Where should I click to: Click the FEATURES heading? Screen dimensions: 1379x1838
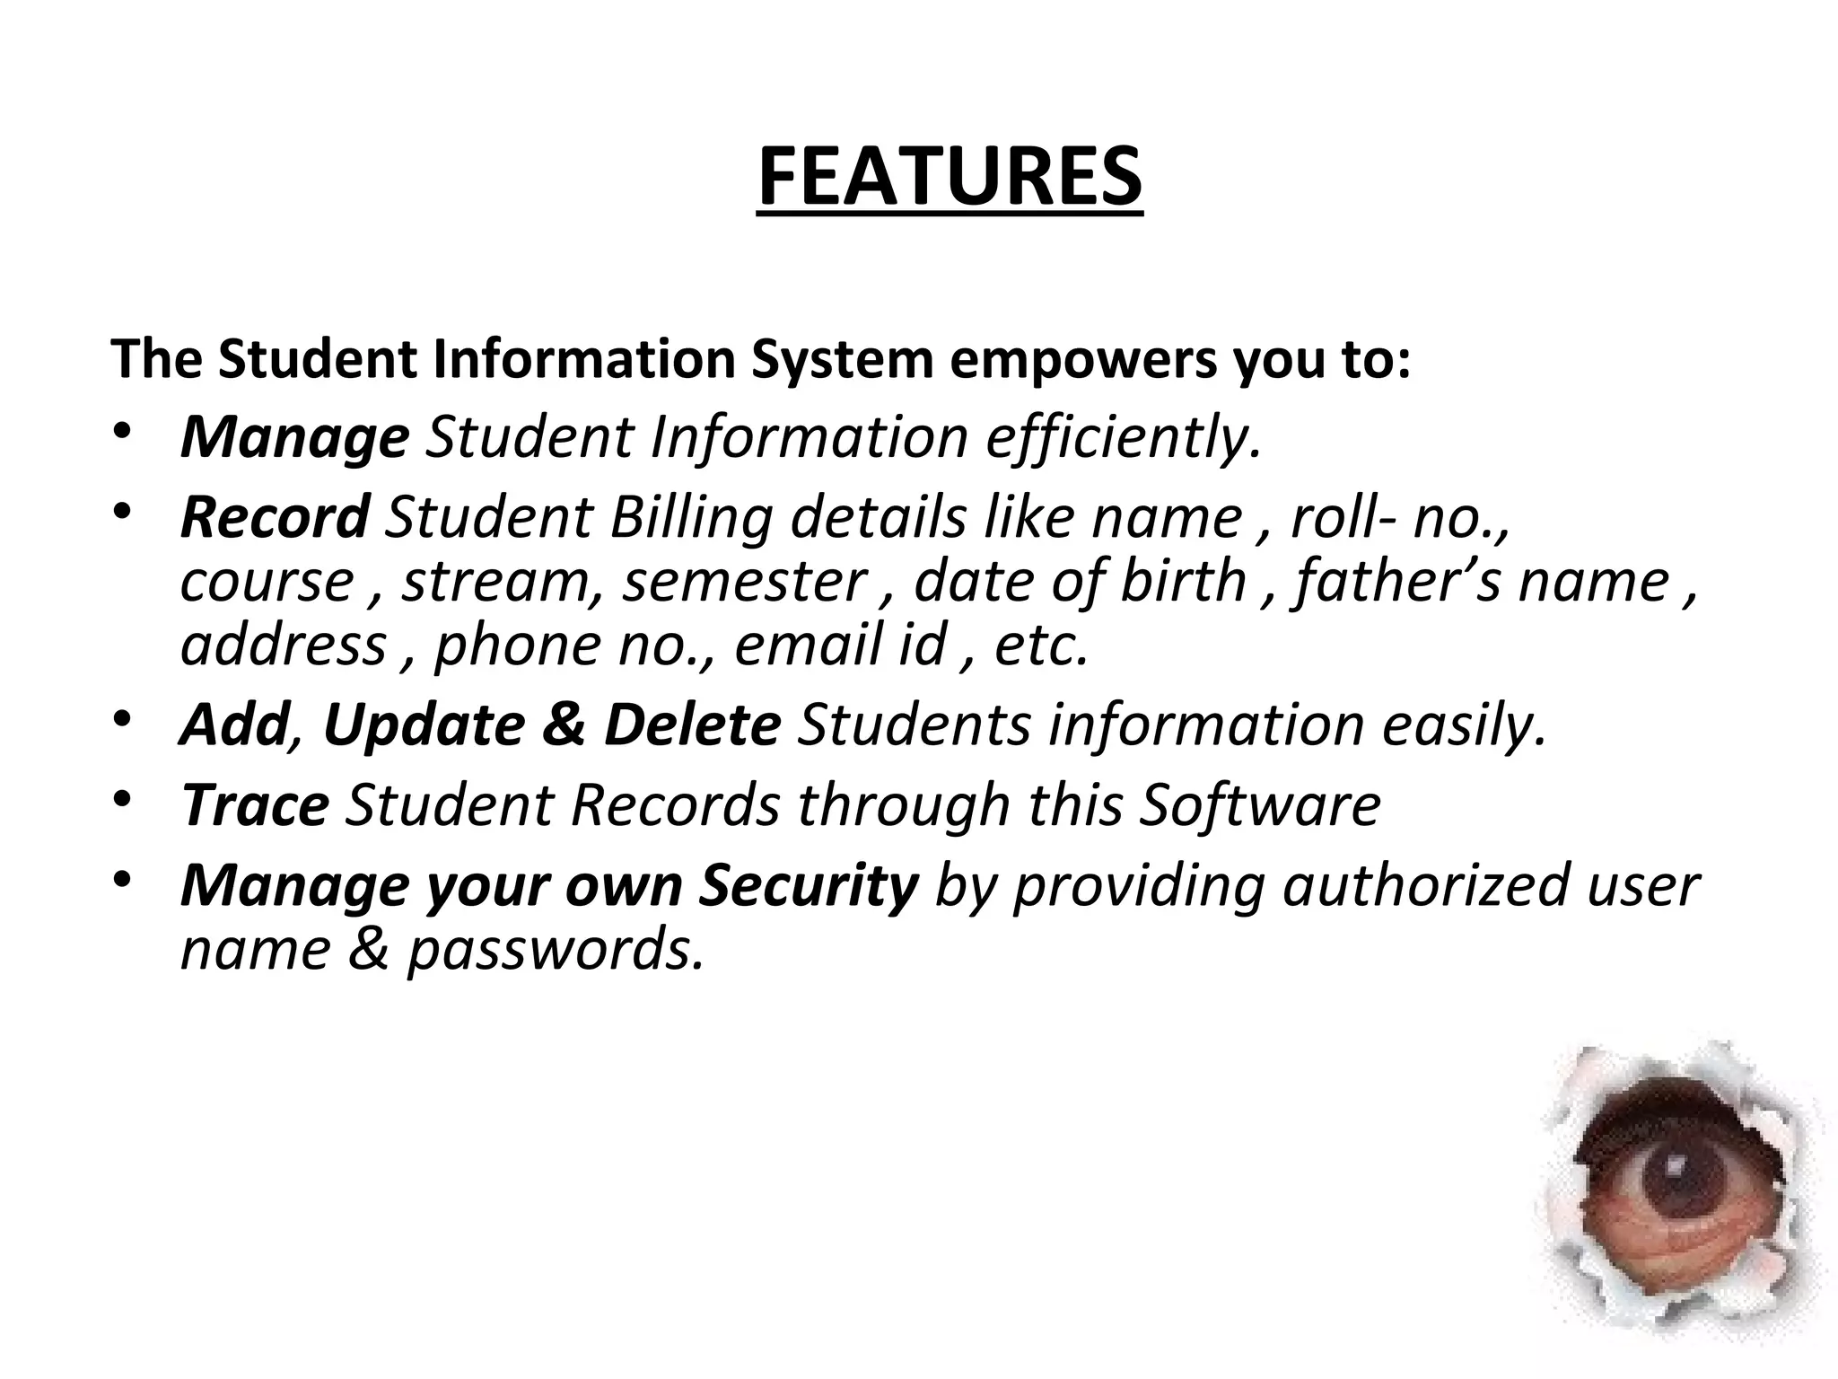point(950,177)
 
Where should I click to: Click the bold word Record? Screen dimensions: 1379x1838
point(275,518)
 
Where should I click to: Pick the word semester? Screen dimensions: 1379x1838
point(745,582)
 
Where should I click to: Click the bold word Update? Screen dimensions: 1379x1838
point(424,725)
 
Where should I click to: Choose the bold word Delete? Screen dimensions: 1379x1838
point(692,725)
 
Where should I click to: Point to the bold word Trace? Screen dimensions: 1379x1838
point(255,805)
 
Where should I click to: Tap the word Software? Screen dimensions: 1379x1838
point(1259,805)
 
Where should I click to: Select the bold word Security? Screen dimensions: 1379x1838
point(809,885)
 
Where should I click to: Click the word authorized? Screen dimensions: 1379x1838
point(1425,885)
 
